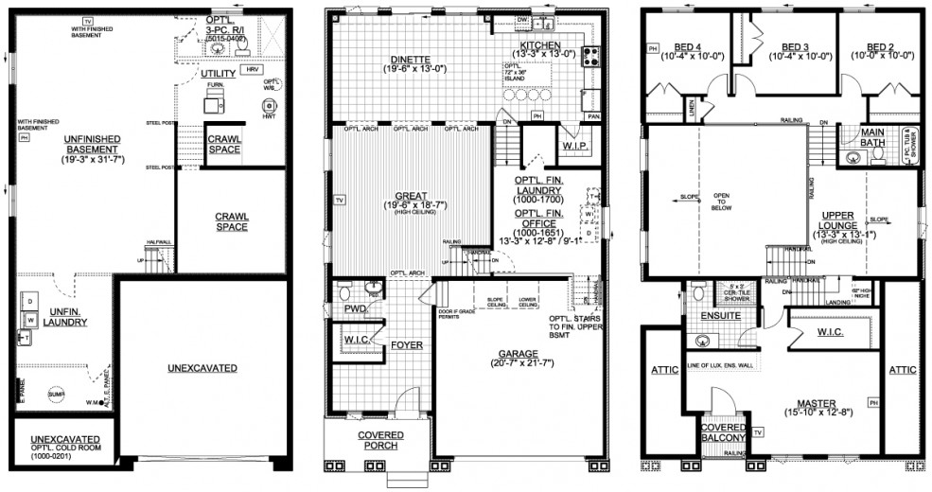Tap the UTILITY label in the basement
pos(219,73)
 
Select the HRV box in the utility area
pos(252,70)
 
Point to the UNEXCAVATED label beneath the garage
pos(202,367)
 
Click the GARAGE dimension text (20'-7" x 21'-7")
pos(516,362)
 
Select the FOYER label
pos(407,345)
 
